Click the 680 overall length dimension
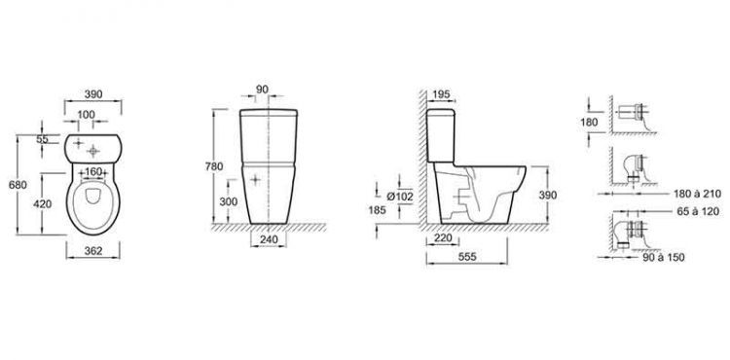click(18, 185)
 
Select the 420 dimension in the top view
click(43, 203)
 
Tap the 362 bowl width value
click(93, 251)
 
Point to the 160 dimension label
click(93, 171)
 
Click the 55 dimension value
click(43, 139)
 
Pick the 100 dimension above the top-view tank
click(86, 115)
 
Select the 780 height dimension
click(214, 166)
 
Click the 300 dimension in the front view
click(228, 201)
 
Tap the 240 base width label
click(269, 239)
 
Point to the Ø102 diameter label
click(399, 197)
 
